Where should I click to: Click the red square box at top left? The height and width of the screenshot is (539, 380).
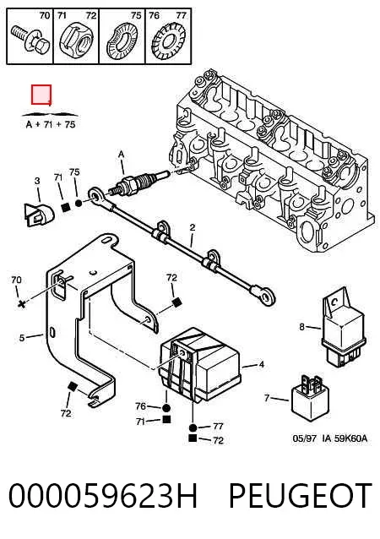(x=41, y=95)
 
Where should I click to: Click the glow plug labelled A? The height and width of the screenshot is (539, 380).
(x=138, y=182)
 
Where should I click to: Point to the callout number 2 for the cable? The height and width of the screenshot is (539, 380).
(x=192, y=227)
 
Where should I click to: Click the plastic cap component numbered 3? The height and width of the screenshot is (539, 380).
(x=39, y=215)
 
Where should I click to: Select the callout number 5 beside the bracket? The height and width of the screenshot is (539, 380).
(x=22, y=338)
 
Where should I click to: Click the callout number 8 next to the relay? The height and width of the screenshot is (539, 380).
(x=301, y=327)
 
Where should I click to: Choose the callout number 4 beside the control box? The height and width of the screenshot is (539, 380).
(x=261, y=364)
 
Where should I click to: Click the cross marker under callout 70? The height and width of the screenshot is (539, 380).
(x=22, y=303)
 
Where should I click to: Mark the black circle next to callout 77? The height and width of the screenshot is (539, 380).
(x=193, y=428)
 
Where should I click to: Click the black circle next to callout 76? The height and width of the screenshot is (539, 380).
(x=166, y=408)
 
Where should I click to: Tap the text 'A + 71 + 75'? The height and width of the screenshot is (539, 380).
(x=51, y=124)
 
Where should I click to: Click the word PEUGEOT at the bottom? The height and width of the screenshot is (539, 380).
(x=301, y=495)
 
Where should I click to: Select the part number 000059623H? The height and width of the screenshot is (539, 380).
(x=103, y=495)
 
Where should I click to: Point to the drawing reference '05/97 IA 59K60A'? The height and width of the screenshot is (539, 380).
(x=330, y=438)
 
